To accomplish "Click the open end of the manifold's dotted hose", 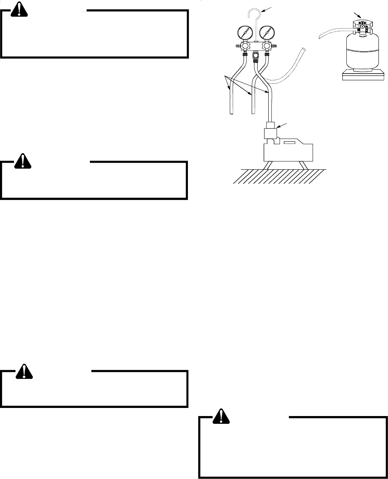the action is point(303,49).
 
